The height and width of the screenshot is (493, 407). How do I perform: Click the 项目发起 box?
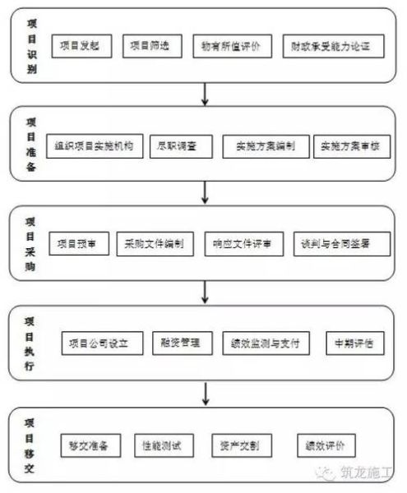pos(80,46)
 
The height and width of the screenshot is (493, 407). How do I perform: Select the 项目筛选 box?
pos(151,46)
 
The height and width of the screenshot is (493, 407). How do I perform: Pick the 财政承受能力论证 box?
pos(332,46)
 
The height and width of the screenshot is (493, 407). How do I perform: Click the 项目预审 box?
pos(79,244)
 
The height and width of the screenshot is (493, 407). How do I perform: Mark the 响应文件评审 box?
pos(243,244)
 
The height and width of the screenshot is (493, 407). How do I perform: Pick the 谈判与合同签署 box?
pos(340,244)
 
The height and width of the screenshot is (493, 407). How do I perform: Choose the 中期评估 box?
pos(354,343)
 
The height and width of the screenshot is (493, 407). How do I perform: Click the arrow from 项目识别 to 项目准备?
pos(204,96)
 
